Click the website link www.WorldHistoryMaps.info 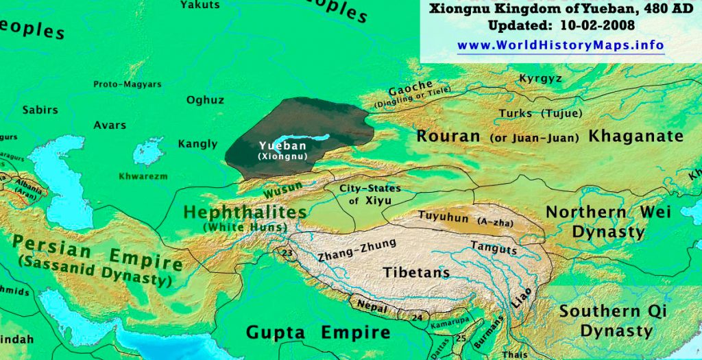pos(560,46)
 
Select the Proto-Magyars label pos(128,84)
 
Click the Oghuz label pos(205,100)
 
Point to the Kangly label pos(197,144)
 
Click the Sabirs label pos(40,110)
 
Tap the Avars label pos(110,125)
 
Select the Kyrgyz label pos(540,78)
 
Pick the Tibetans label pos(416,272)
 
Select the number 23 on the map pos(287,252)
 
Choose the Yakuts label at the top pos(200,5)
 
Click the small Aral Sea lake pos(147,152)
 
